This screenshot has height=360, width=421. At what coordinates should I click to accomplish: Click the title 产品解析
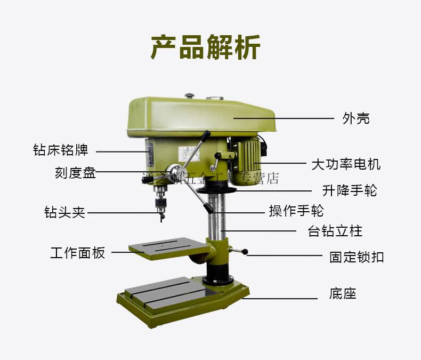[206, 47]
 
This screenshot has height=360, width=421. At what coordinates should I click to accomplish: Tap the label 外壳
[355, 118]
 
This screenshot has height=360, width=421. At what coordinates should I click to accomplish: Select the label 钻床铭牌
[60, 150]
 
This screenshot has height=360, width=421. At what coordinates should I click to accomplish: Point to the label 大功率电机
[346, 164]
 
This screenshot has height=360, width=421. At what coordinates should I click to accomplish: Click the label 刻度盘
[75, 173]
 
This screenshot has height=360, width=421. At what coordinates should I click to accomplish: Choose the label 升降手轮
[350, 190]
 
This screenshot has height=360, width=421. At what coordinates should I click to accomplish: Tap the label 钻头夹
[64, 212]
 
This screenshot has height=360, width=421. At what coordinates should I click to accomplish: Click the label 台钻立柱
[335, 231]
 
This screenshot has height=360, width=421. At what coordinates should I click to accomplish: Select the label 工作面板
[78, 253]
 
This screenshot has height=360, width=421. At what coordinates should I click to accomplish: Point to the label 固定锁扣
[357, 257]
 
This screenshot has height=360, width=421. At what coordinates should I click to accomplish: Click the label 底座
[343, 293]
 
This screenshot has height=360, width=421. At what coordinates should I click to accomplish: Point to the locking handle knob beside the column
[245, 253]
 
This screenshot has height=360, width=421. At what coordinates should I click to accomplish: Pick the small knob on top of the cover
[189, 96]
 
